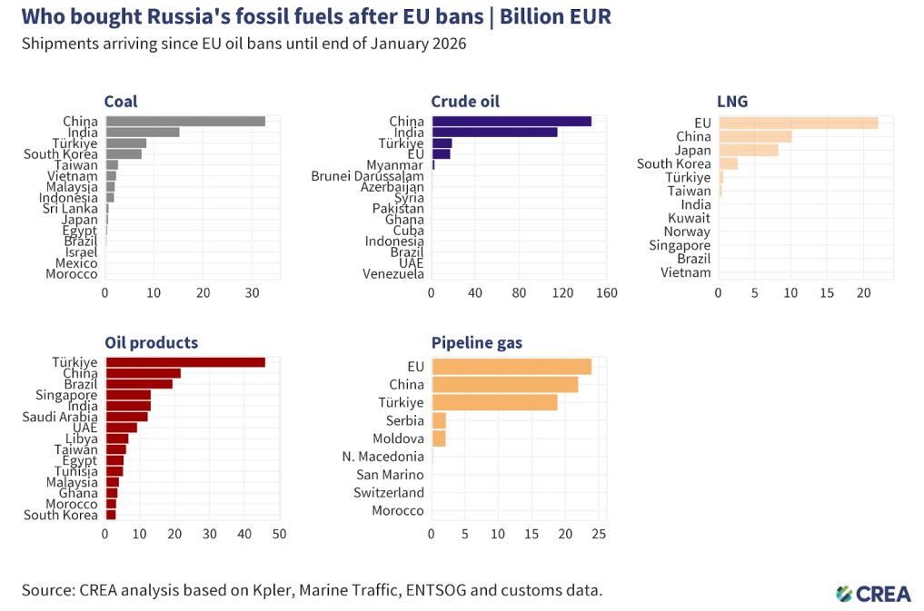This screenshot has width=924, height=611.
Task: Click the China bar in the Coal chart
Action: (x=185, y=122)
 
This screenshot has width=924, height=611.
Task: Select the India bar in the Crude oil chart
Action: (x=494, y=133)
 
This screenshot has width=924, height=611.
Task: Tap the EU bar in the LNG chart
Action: (x=798, y=123)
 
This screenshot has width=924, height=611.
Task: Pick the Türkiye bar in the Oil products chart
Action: (x=185, y=362)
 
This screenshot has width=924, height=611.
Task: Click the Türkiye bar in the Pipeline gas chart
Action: (x=494, y=402)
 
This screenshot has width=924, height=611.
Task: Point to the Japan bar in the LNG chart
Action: (x=748, y=150)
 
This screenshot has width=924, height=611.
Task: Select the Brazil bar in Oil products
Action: (x=139, y=384)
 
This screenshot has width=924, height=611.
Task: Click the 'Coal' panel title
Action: (x=121, y=102)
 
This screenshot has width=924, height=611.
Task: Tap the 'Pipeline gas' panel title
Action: (x=476, y=342)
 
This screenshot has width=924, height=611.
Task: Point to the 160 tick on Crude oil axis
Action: (x=606, y=293)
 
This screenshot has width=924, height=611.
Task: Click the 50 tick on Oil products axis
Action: (x=279, y=534)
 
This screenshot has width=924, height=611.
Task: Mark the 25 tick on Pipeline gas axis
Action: (x=599, y=534)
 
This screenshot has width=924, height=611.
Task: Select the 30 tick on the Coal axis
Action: (x=252, y=293)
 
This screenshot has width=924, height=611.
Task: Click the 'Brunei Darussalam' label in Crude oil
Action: (x=367, y=176)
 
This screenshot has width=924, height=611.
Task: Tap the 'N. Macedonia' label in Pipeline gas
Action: (x=383, y=457)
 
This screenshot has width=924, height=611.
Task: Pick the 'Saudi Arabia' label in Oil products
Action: (x=60, y=417)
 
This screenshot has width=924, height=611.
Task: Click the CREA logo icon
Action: (x=844, y=593)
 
